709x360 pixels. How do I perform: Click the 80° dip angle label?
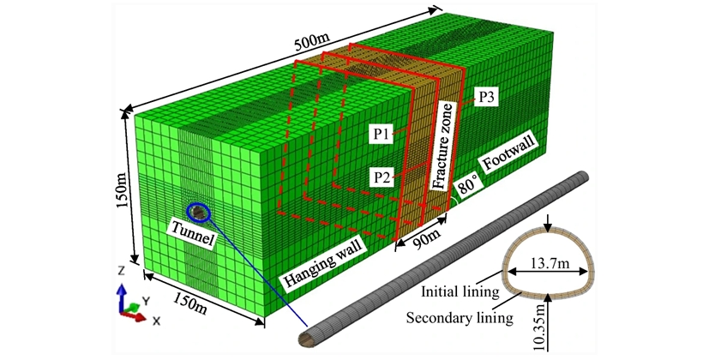click(468, 190)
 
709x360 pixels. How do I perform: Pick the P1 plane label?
click(382, 134)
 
